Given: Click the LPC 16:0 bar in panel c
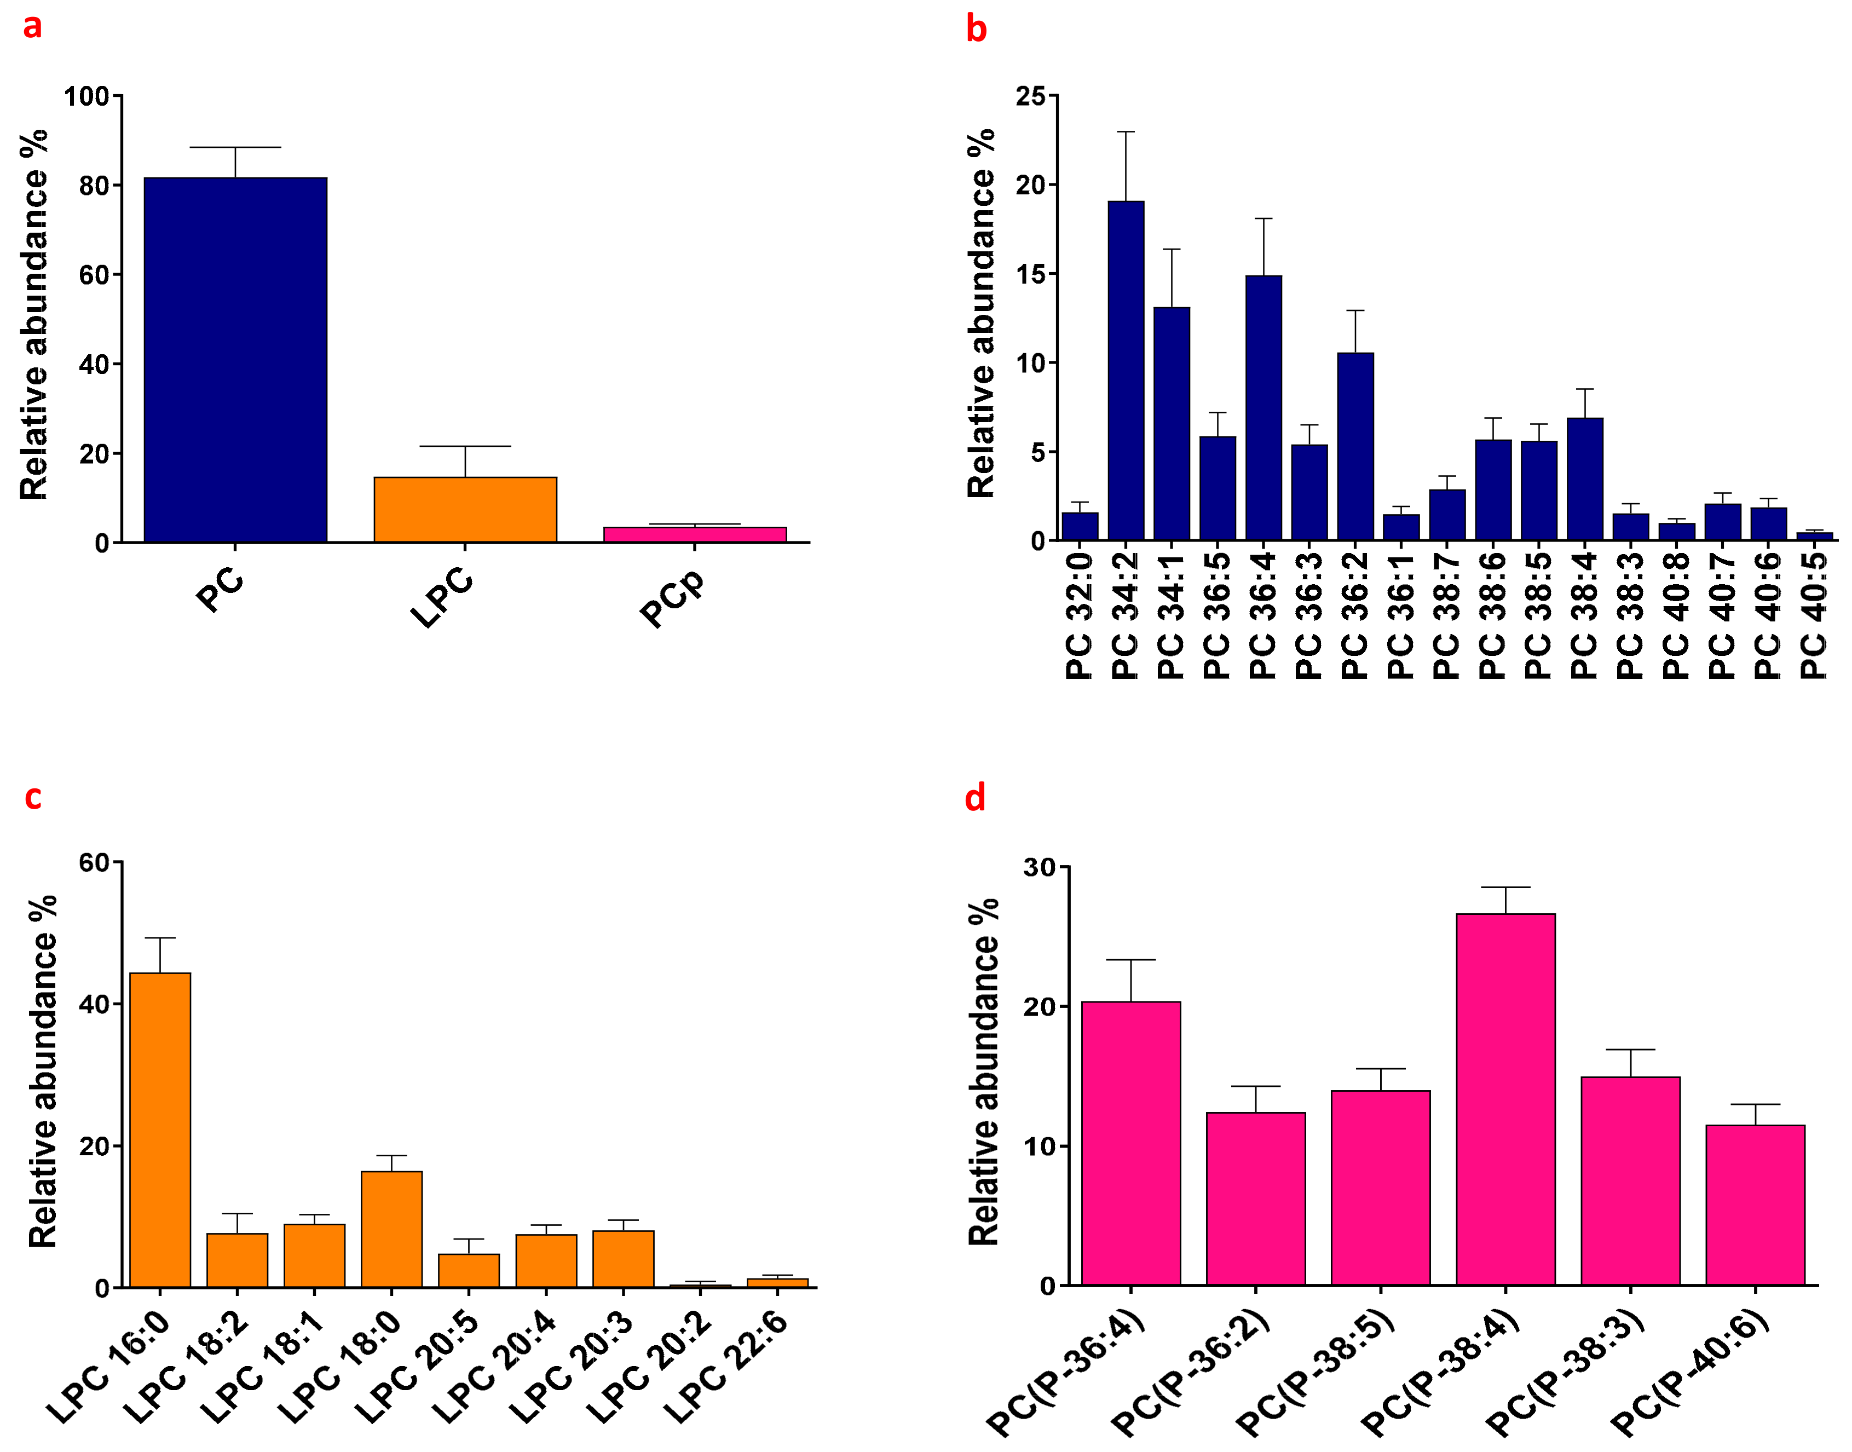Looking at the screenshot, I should [160, 1130].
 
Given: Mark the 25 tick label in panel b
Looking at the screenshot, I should [1030, 96].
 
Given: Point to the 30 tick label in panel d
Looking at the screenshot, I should [1038, 868].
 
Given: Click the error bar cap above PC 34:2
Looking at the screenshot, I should [1126, 132].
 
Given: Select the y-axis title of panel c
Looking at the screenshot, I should [43, 1071].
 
